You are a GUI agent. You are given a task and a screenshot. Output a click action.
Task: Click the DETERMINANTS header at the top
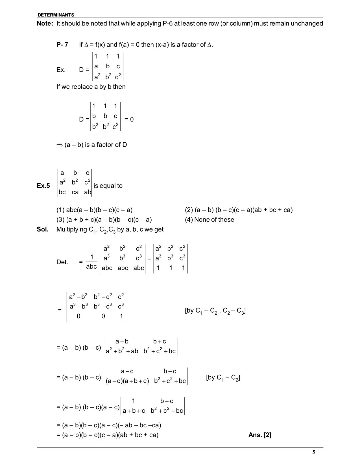click(56, 15)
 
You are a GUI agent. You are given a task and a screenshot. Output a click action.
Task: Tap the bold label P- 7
click(62, 45)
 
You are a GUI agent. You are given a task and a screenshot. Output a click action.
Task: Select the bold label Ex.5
click(43, 186)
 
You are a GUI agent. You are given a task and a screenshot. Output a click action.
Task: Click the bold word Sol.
click(43, 229)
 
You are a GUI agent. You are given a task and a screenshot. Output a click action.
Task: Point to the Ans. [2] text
click(260, 435)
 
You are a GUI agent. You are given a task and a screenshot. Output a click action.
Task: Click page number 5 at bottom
click(314, 452)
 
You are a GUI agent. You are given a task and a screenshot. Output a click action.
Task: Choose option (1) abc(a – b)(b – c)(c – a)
click(94, 210)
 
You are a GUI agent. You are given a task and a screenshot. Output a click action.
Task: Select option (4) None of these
click(210, 219)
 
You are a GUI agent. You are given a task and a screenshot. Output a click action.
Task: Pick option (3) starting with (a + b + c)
click(104, 219)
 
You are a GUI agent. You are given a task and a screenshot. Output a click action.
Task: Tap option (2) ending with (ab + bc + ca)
click(239, 210)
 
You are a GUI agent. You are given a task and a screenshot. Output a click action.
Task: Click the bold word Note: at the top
click(45, 23)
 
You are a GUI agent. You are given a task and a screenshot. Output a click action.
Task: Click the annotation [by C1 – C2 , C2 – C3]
click(215, 311)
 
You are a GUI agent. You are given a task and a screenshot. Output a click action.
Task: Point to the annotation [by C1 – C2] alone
click(223, 378)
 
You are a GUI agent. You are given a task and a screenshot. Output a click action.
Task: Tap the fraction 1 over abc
click(91, 262)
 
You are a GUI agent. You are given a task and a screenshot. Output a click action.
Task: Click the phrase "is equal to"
click(108, 186)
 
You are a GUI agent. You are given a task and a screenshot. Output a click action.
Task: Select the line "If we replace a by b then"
click(91, 87)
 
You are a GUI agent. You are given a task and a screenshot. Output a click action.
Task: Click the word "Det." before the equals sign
click(62, 262)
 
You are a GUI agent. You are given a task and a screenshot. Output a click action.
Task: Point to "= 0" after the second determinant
click(129, 119)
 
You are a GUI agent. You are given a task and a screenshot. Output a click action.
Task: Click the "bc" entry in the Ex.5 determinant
click(62, 192)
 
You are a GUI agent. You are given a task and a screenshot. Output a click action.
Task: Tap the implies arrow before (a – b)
click(59, 145)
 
